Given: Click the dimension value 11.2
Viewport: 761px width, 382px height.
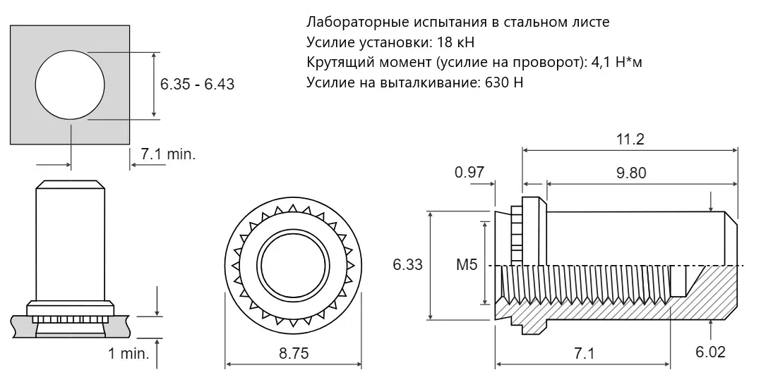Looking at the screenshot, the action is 630,139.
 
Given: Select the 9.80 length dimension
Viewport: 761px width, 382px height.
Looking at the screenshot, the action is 631,173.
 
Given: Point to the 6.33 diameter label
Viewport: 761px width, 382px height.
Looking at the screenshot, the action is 408,265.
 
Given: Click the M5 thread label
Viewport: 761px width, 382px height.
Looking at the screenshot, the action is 467,265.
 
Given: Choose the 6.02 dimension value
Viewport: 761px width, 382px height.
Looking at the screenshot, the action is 710,352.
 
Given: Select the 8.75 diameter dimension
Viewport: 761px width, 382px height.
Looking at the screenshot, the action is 294,353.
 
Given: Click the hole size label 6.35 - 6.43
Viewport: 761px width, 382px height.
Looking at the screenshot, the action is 198,85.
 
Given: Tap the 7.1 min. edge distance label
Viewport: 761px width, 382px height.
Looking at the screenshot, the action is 169,154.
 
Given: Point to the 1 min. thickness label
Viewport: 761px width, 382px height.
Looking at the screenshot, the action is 128,353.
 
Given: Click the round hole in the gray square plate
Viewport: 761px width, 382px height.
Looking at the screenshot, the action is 70,85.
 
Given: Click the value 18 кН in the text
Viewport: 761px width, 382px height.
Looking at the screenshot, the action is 455,43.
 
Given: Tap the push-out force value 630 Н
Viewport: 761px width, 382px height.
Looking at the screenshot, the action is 504,82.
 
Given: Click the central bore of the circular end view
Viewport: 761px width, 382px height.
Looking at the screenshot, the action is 294,265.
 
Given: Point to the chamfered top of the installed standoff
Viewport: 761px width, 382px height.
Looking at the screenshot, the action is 71,185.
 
